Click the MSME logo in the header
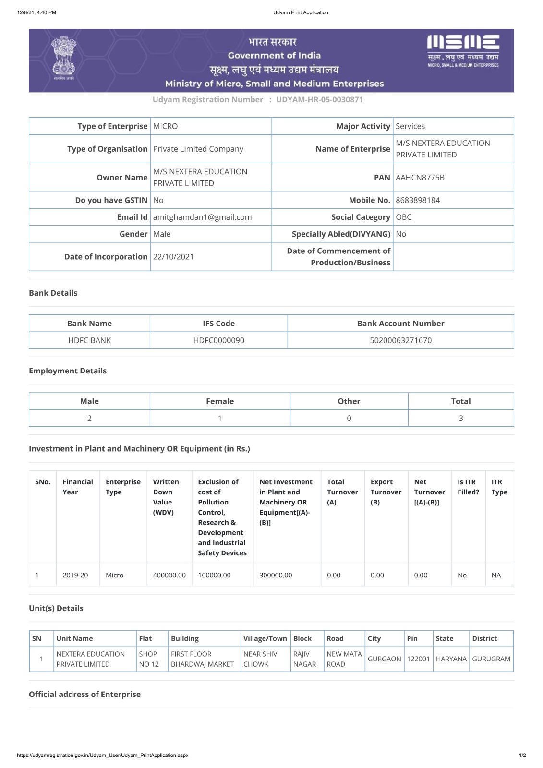point(463,49)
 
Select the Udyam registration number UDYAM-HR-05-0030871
point(319,100)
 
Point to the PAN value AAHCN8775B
point(420,178)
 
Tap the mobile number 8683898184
point(418,200)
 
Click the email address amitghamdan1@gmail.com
point(202,217)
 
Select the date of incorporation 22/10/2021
point(173,257)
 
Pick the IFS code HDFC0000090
point(218,340)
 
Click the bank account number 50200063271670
point(400,340)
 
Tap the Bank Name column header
point(89,324)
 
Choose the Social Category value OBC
point(404,217)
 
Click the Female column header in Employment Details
point(220,401)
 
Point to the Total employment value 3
point(461,418)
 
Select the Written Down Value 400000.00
point(169,575)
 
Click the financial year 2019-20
point(75,575)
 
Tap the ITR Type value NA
point(496,575)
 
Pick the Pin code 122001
point(418,659)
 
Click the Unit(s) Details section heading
point(56,608)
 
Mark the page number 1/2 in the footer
point(522,756)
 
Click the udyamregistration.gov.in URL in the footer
point(103,756)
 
